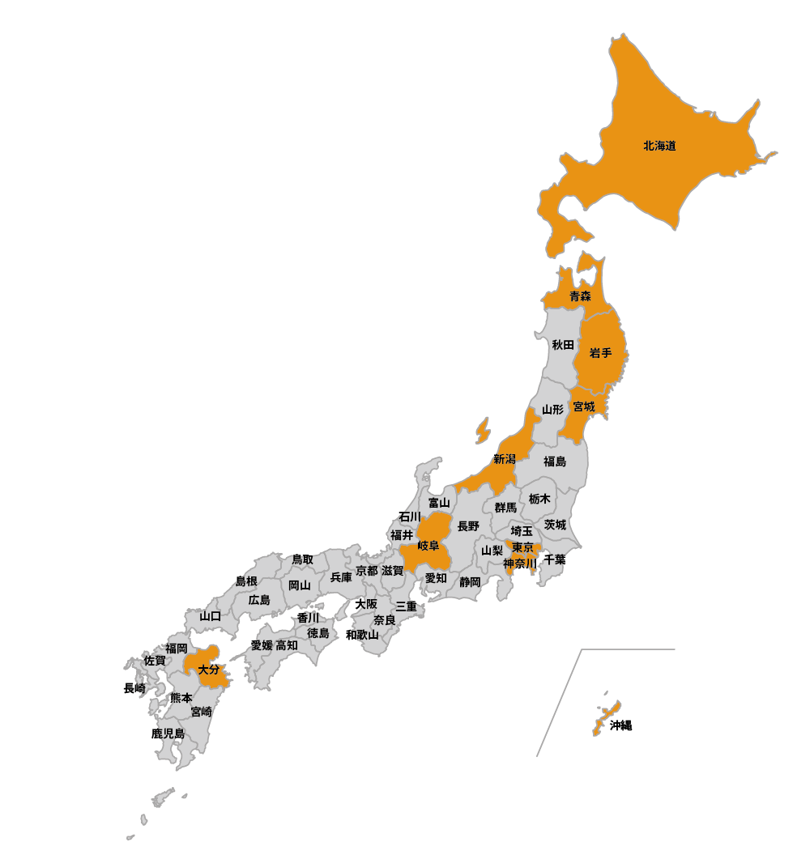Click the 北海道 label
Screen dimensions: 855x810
click(x=659, y=147)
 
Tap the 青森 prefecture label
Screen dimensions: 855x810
click(x=580, y=296)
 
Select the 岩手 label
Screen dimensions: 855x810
click(x=600, y=352)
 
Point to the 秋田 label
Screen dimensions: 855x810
click(x=563, y=345)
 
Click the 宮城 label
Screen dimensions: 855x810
click(x=583, y=406)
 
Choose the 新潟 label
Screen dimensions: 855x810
click(x=504, y=459)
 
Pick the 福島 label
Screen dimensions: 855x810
click(x=555, y=462)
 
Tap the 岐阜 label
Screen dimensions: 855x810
click(x=428, y=546)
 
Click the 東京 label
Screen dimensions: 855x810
click(x=522, y=548)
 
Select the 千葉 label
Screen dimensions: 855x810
click(x=555, y=559)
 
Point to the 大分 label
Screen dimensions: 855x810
click(x=208, y=670)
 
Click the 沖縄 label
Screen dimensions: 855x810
click(x=620, y=725)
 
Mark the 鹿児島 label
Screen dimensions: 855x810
click(x=168, y=734)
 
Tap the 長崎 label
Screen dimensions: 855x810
click(x=134, y=689)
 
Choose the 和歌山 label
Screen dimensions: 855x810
click(x=361, y=635)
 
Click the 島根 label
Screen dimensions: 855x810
click(x=246, y=581)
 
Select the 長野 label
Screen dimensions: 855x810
click(x=468, y=526)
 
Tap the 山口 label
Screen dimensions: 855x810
click(x=210, y=616)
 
